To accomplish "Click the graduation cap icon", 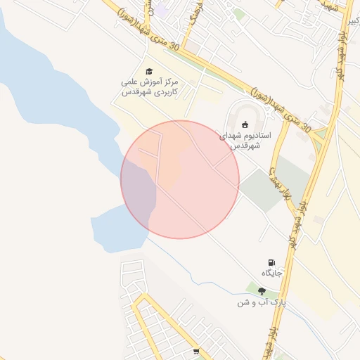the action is click(148, 71).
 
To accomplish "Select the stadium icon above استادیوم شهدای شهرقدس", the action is click(244, 125).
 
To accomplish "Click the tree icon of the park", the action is click(262, 291).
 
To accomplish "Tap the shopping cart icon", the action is click(196, 351).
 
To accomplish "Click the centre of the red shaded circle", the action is click(180, 179).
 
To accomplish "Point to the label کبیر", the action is click(352, 21).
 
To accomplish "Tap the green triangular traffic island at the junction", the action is click(321, 133).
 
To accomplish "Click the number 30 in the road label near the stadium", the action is click(305, 129).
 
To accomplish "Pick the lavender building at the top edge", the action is click(162, 10).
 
